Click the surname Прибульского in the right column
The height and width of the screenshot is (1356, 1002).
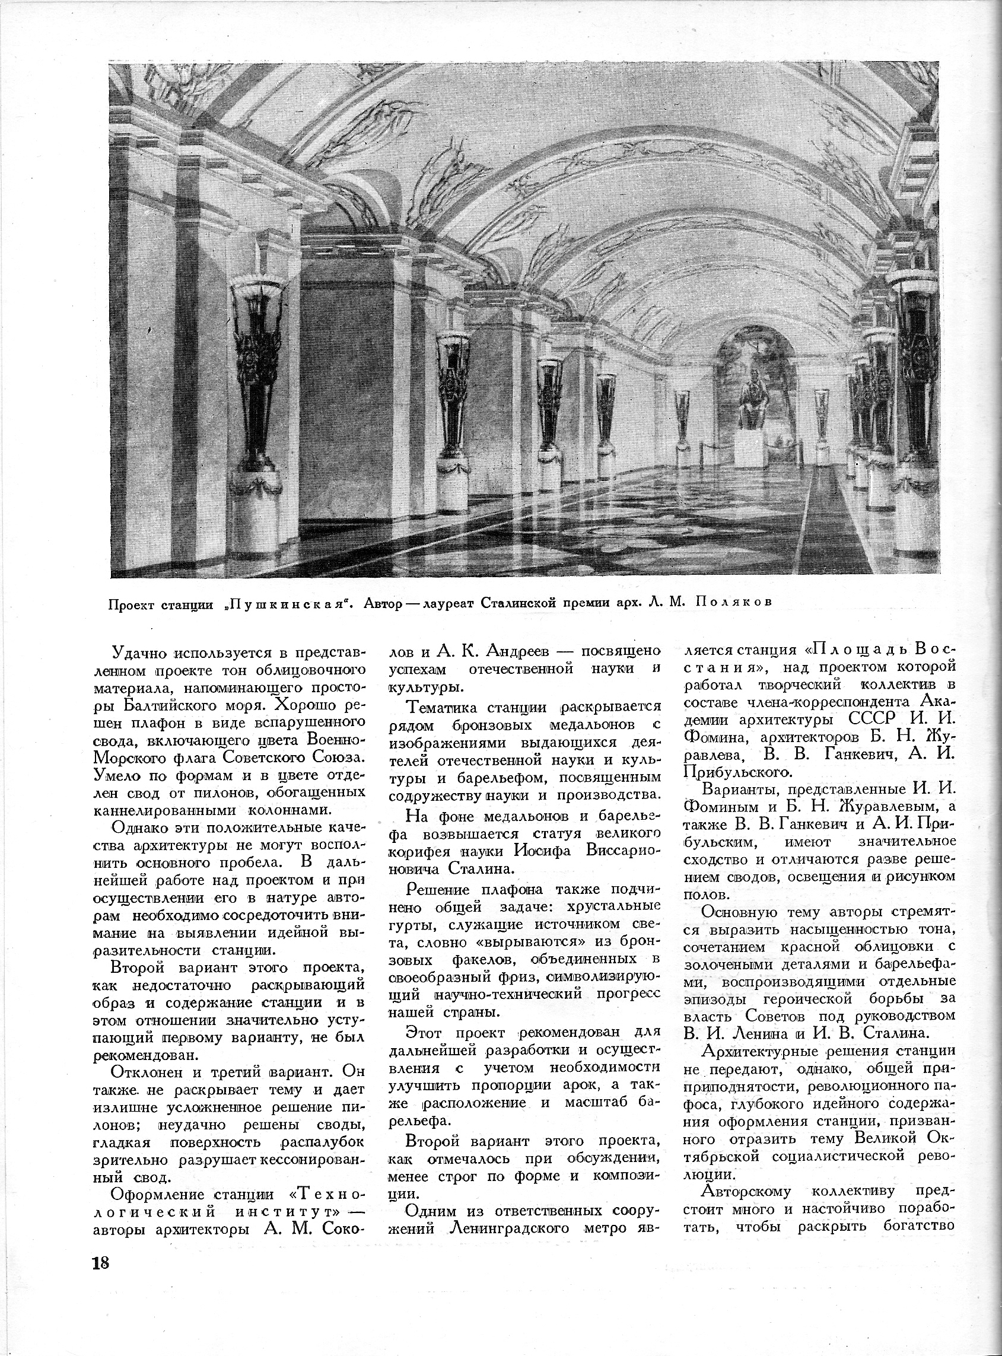[736, 772]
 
